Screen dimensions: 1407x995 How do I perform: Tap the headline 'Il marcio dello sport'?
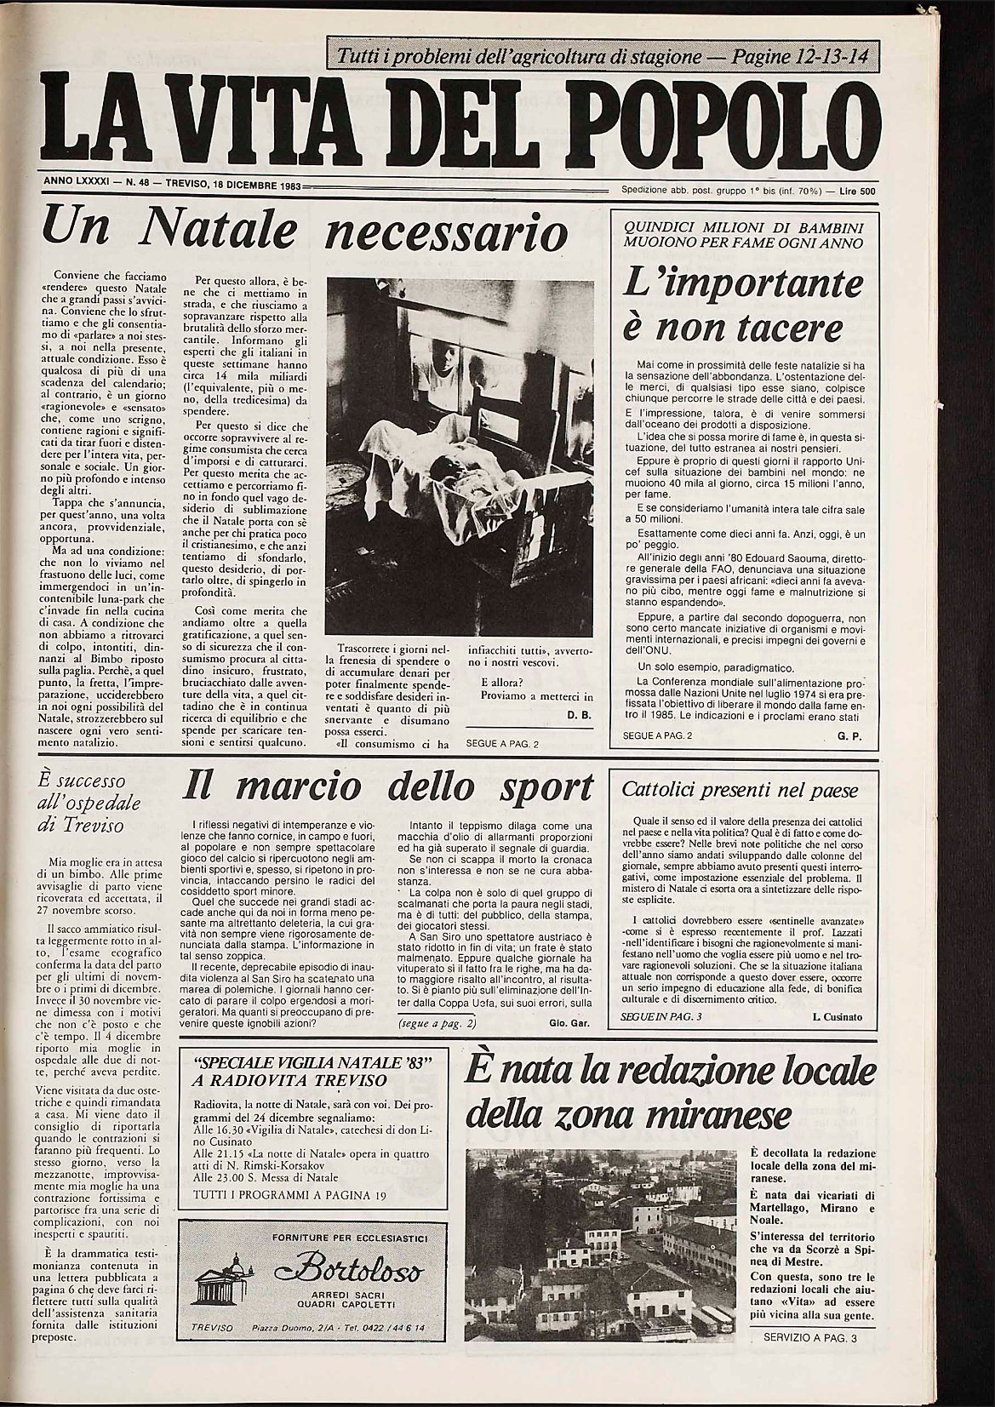(x=388, y=787)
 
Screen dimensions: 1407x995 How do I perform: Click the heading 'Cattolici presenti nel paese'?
(x=741, y=789)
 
